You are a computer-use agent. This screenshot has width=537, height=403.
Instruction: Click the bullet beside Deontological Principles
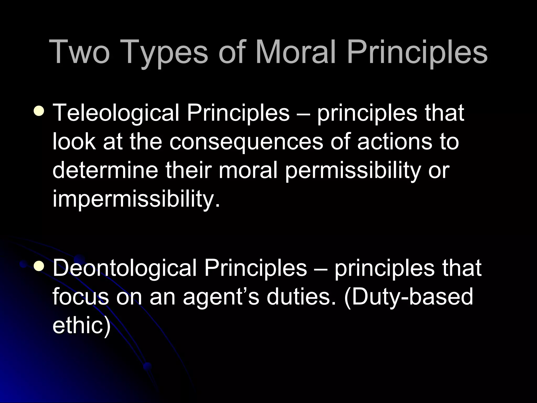tap(39, 267)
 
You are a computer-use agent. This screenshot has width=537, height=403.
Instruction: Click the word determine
tap(105, 171)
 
